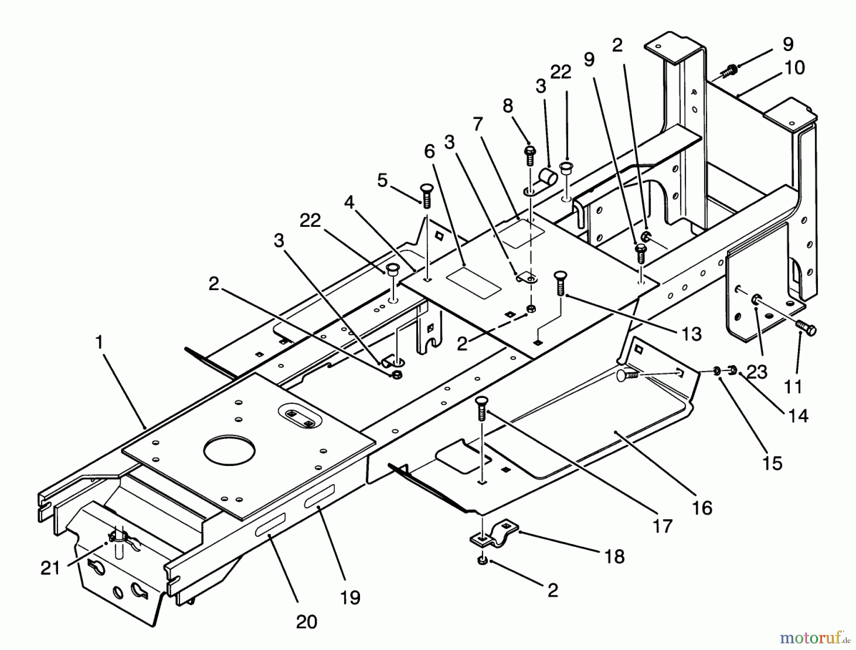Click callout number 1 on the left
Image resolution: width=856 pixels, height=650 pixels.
click(x=99, y=342)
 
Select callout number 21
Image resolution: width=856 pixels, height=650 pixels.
click(x=50, y=568)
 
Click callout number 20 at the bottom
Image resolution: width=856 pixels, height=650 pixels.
click(x=306, y=621)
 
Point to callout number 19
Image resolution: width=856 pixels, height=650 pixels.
click(x=350, y=597)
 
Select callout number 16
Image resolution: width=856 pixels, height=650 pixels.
click(x=702, y=507)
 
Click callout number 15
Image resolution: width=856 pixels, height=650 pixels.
click(x=772, y=463)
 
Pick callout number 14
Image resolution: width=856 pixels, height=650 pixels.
click(x=798, y=416)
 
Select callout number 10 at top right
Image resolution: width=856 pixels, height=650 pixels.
click(x=794, y=68)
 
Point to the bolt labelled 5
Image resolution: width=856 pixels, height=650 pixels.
click(x=426, y=194)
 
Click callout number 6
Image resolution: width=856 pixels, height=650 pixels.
click(x=429, y=151)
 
